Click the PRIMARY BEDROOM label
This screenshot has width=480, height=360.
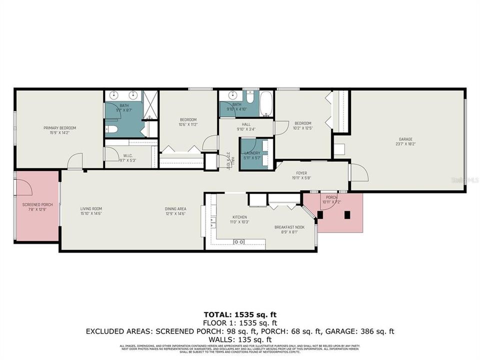[59, 128]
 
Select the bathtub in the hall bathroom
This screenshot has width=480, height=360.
[266, 104]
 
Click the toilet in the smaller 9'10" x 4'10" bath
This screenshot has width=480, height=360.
[250, 98]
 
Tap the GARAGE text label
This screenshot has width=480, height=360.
[405, 139]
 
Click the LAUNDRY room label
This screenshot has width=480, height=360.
[252, 153]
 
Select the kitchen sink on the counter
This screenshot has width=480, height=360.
[239, 242]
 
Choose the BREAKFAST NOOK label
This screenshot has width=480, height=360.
[286, 227]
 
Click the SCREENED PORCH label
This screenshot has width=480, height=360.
[37, 205]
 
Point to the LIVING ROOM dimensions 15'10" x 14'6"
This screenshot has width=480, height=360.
[91, 213]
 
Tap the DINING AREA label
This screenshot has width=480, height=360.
[176, 208]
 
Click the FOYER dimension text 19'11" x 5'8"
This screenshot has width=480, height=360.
[301, 177]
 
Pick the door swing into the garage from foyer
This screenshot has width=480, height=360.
[359, 173]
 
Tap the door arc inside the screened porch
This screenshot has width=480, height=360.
[25, 186]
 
